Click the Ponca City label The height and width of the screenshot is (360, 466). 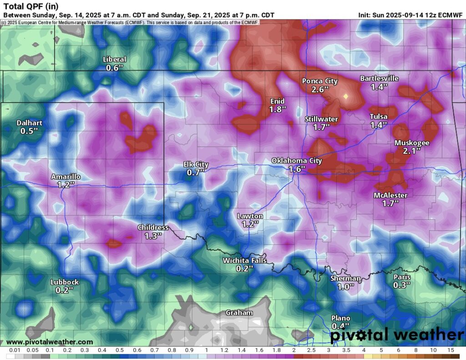320,81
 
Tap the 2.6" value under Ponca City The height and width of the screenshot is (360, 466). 320,90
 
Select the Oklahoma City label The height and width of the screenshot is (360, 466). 297,161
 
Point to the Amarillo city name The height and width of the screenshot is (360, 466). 66,177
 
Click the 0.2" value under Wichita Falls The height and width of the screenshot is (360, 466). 244,269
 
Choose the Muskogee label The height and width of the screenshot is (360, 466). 411,143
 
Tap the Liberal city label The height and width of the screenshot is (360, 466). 115,60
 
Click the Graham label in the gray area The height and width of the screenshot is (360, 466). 239,313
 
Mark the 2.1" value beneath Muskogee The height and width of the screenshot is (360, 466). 411,151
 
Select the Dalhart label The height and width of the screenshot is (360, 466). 30,122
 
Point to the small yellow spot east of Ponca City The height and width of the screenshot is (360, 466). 345,96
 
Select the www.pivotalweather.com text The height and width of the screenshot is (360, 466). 50,342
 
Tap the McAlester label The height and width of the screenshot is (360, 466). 390,195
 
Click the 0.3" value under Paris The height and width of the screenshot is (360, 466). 402,285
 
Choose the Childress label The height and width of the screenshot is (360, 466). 153,228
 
